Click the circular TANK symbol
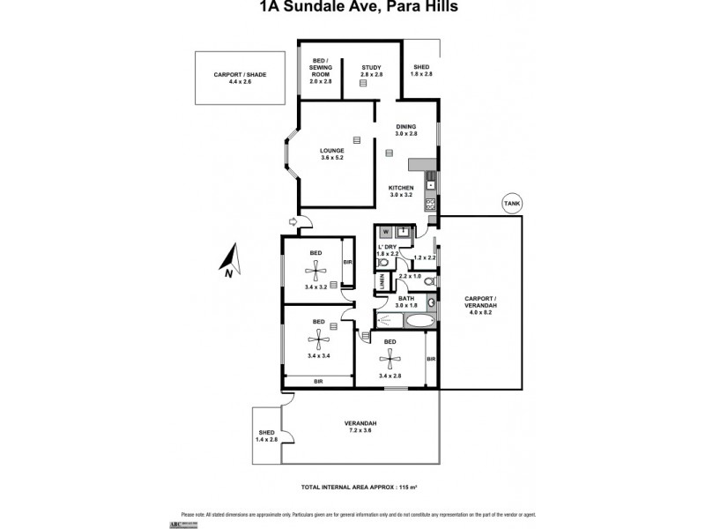point(511,203)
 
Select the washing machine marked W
point(386,233)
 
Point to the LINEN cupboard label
point(382,281)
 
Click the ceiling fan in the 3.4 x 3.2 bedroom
point(315,262)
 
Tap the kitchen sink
point(430,183)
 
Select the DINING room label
point(405,126)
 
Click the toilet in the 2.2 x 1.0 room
point(427,281)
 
